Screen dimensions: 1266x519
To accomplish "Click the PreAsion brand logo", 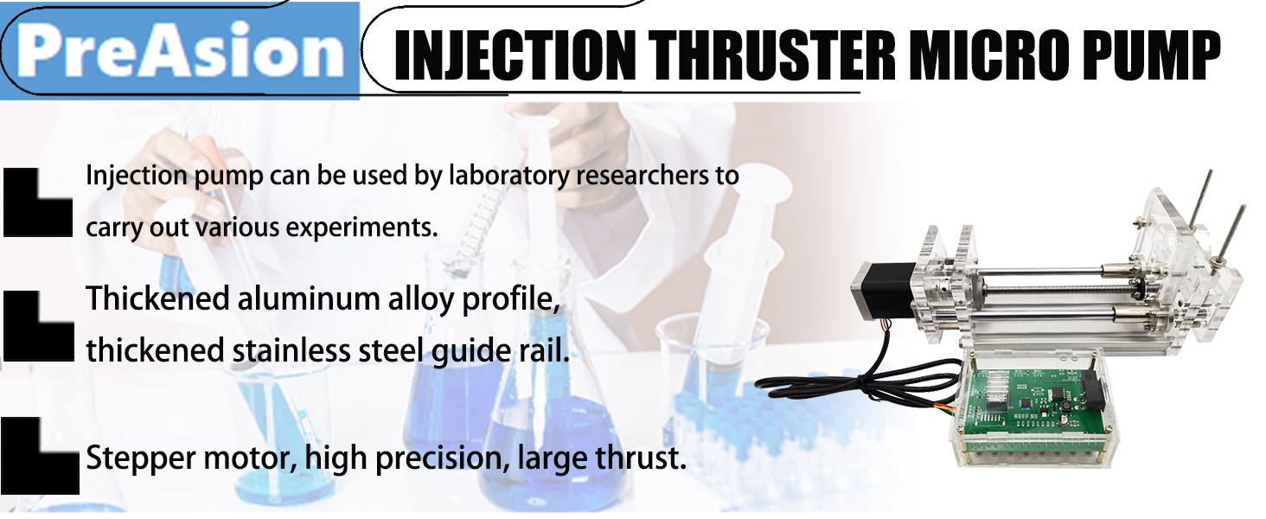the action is tap(181, 51).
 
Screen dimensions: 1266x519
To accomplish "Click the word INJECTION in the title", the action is tap(515, 54).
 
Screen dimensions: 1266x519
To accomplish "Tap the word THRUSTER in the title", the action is tap(772, 54).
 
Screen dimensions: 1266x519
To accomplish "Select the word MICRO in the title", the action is tap(989, 54).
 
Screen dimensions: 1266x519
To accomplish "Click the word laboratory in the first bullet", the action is tap(509, 176).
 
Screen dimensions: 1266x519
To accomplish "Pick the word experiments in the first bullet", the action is tap(361, 227).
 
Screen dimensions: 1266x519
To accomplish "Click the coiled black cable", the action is tap(854, 385).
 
